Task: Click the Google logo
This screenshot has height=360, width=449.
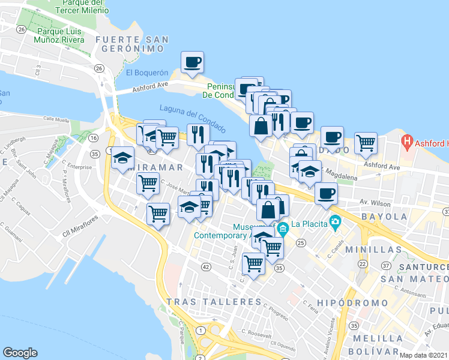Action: point(20,353)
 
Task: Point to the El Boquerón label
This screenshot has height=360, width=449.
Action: point(147,73)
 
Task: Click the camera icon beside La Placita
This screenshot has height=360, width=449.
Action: point(334,224)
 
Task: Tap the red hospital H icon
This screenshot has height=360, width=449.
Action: point(408,143)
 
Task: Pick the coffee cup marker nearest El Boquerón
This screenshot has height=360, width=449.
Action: point(192,62)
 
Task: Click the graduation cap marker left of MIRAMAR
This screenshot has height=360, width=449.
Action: point(122,158)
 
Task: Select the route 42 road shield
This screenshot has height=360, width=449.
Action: point(206,266)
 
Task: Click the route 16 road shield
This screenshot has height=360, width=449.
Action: point(94,138)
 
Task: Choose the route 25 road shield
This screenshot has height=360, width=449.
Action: point(301,242)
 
